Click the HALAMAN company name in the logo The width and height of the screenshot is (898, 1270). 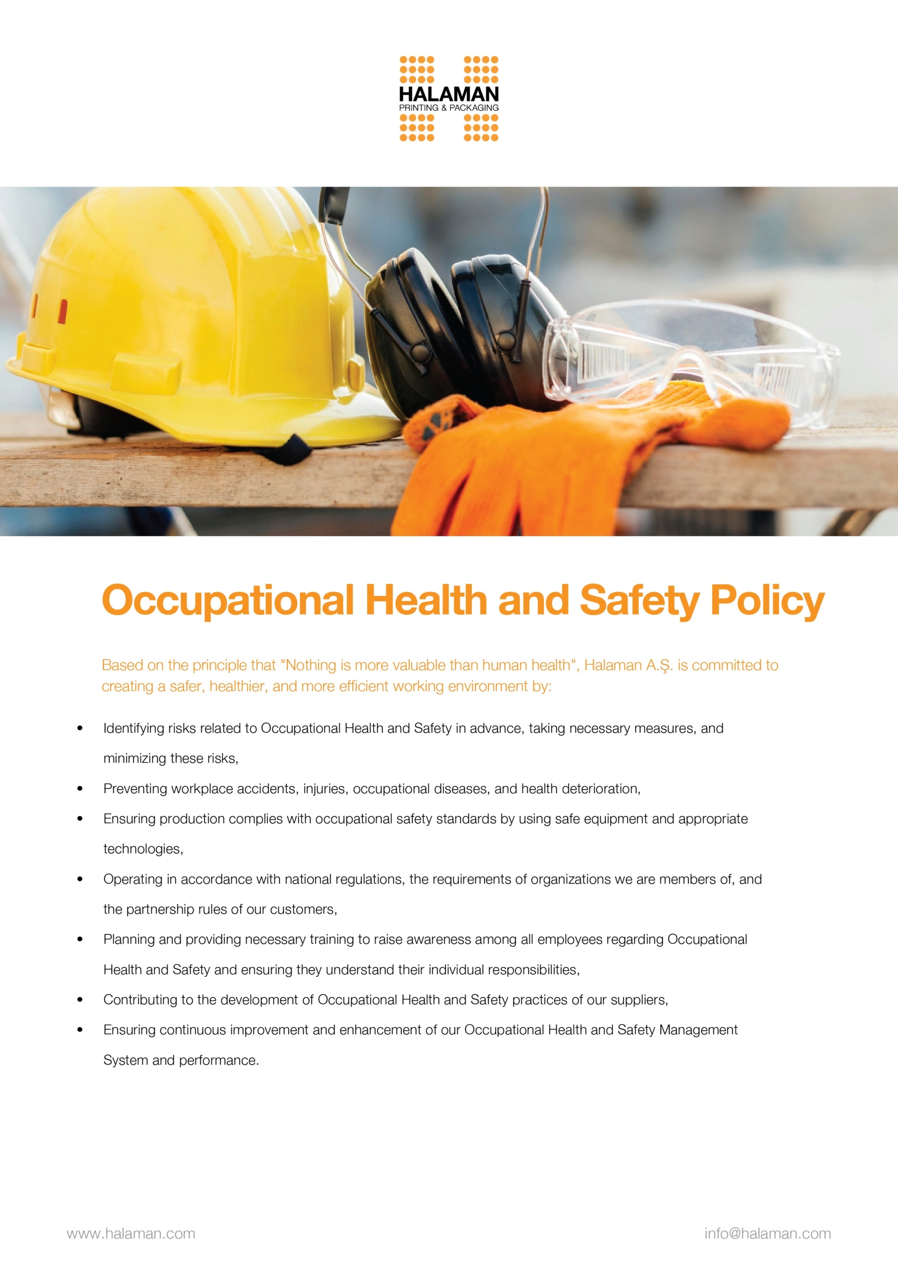(x=449, y=94)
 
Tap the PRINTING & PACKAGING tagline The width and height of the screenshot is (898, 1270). (x=449, y=108)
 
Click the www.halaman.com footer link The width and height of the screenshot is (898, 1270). (x=131, y=1233)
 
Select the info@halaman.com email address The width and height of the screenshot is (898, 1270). (x=768, y=1233)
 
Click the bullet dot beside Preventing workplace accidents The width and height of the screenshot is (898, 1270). (x=80, y=789)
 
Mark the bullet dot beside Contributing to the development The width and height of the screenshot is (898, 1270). (x=80, y=1000)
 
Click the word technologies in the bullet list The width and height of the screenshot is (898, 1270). (x=143, y=849)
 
